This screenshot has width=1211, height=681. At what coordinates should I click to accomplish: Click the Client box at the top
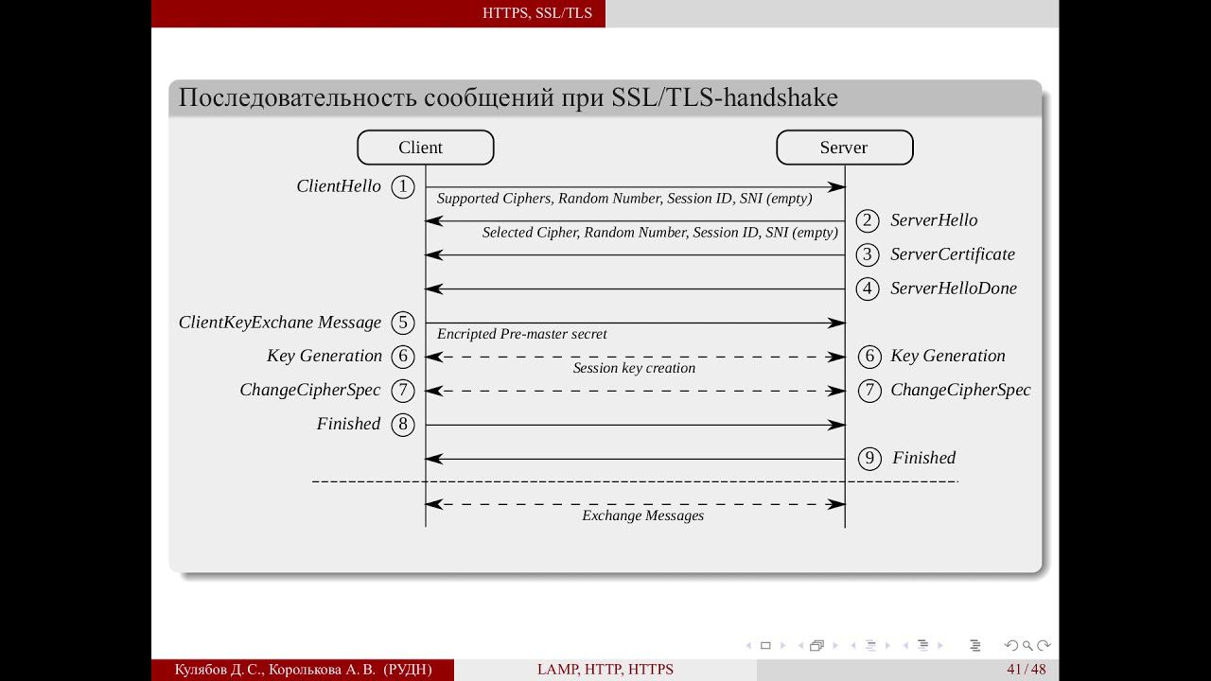(426, 147)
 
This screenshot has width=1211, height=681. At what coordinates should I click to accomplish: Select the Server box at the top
(845, 147)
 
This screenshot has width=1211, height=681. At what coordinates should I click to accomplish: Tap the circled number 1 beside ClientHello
(403, 187)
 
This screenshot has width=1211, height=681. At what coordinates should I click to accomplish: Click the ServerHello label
(934, 220)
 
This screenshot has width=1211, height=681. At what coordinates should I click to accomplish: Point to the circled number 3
(868, 254)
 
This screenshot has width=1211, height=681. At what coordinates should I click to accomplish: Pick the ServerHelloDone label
(954, 288)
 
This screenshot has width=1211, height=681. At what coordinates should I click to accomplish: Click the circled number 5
(403, 323)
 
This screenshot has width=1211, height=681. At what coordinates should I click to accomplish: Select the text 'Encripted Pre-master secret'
(521, 334)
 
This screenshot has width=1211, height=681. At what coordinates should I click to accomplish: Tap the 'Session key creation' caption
(634, 368)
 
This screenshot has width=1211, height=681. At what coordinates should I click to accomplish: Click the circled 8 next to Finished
(403, 425)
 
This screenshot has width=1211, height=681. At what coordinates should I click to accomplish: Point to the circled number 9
(869, 459)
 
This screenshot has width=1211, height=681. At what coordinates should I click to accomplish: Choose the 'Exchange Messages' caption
(642, 515)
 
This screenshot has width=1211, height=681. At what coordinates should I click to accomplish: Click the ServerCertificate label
(953, 254)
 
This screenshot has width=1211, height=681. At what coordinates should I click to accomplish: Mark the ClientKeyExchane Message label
(279, 323)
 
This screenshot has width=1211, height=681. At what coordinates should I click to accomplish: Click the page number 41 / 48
(1027, 669)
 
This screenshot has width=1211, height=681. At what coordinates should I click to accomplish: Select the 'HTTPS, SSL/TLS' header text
(536, 13)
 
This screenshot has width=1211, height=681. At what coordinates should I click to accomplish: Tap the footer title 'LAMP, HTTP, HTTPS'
(605, 669)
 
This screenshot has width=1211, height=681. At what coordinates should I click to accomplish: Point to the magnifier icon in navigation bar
(1027, 645)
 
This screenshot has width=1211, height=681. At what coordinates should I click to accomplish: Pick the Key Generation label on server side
(948, 357)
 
